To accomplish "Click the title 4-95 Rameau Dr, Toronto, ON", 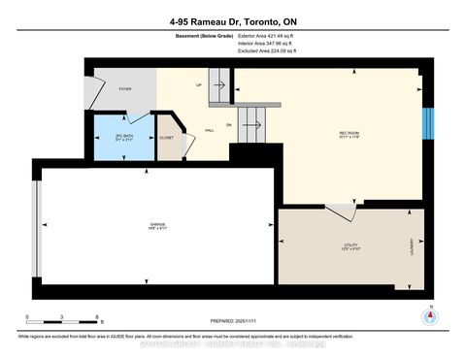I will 233,18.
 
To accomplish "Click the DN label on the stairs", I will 228,125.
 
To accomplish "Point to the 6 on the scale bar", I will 97,317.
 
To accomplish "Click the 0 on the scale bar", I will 28,317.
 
